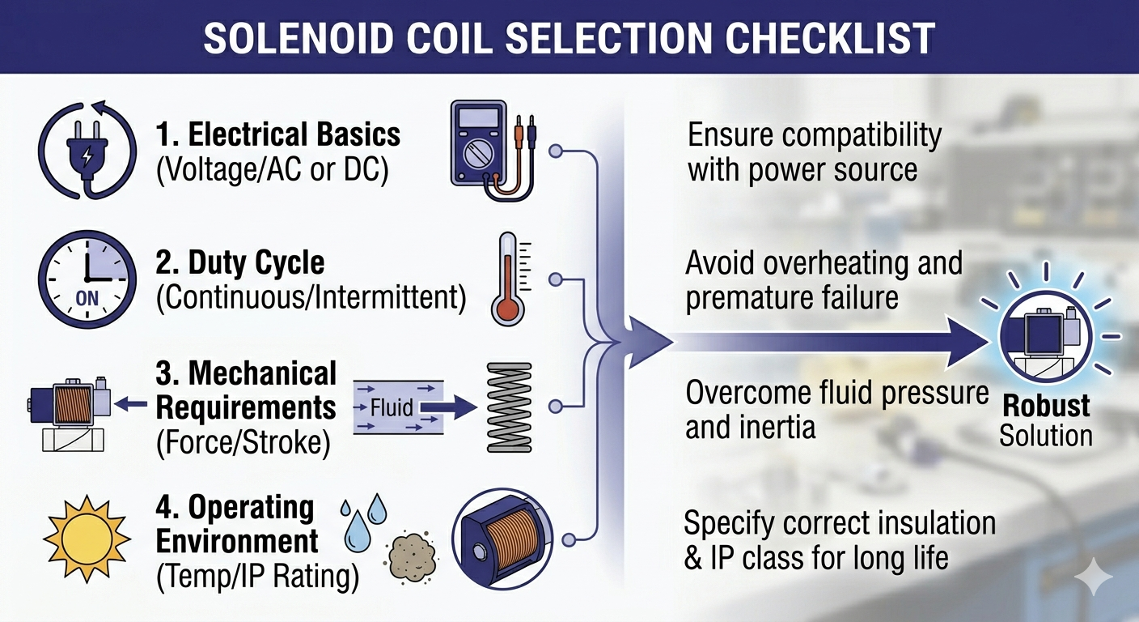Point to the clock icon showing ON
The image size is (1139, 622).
(86, 279)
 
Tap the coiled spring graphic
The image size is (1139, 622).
(510, 406)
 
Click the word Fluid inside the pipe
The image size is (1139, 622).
(392, 407)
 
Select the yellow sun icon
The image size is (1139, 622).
(87, 535)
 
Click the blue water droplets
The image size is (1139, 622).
(364, 522)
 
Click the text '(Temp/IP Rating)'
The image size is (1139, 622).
(256, 576)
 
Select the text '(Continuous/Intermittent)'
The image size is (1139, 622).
(311, 299)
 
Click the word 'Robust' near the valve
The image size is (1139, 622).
(1046, 406)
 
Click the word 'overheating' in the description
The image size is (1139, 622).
(849, 263)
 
